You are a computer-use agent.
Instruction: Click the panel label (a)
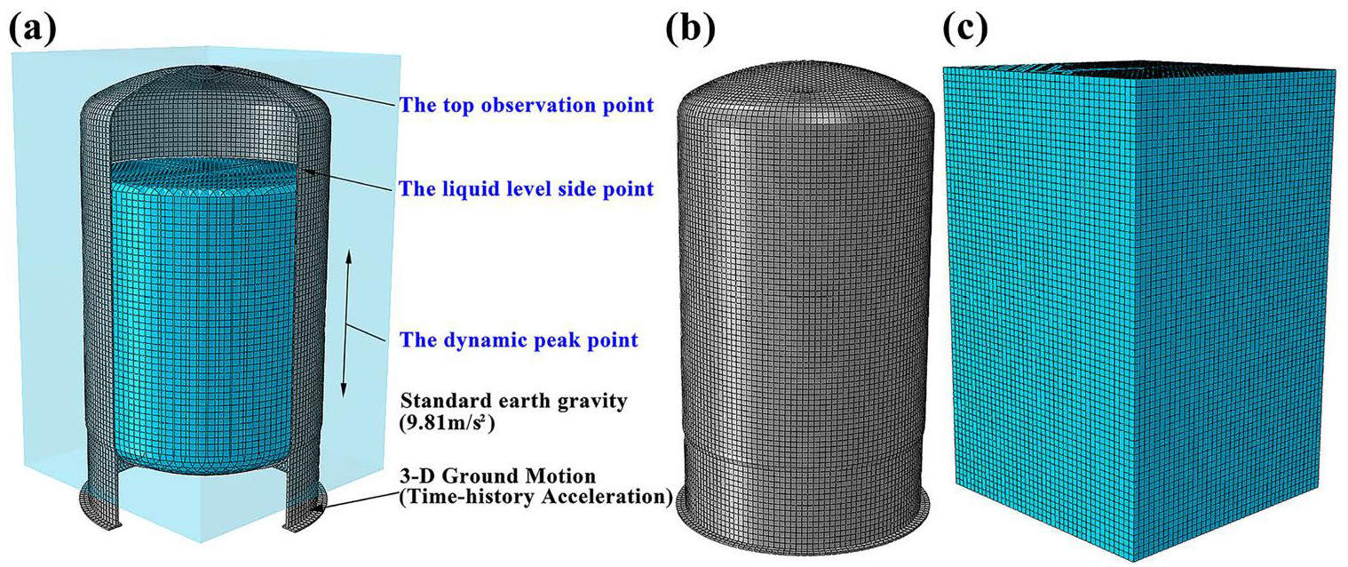pyautogui.click(x=33, y=28)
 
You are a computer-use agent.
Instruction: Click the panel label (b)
pyautogui.click(x=690, y=28)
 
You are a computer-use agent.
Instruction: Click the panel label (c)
pyautogui.click(x=965, y=28)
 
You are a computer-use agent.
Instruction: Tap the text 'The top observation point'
pyautogui.click(x=527, y=106)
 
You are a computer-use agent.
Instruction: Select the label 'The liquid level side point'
pyautogui.click(x=527, y=189)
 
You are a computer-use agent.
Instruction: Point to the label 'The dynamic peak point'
pyautogui.click(x=519, y=340)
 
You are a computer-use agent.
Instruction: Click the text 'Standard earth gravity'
pyautogui.click(x=514, y=402)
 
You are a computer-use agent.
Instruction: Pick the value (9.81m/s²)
pyautogui.click(x=448, y=424)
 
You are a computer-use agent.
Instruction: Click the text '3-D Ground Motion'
pyautogui.click(x=497, y=476)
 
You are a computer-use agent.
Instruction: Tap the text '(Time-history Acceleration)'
pyautogui.click(x=535, y=497)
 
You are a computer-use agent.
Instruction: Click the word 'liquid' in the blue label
pyautogui.click(x=467, y=190)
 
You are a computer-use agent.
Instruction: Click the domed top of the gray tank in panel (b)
pyautogui.click(x=806, y=87)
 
